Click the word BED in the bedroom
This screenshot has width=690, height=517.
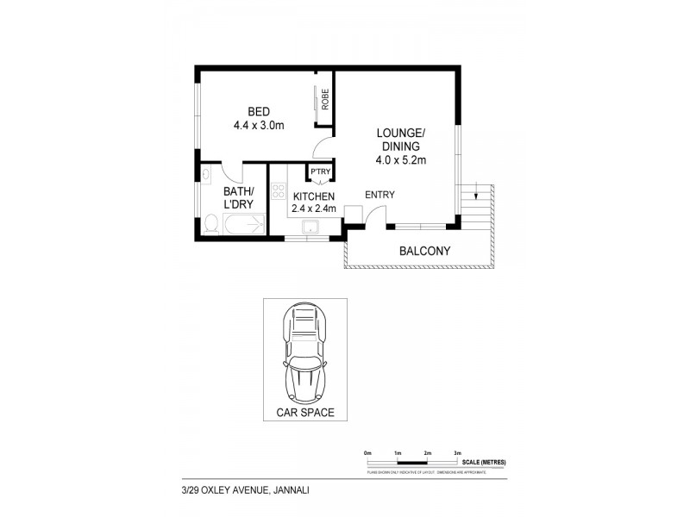tap(258, 111)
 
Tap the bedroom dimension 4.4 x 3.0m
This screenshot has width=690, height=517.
tap(258, 125)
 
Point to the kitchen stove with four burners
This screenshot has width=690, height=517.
tap(279, 192)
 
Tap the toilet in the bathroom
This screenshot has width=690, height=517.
tap(210, 225)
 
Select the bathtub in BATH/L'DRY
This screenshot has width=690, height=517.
tap(245, 227)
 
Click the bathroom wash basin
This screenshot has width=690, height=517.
tap(207, 175)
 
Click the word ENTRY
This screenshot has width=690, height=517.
tap(379, 195)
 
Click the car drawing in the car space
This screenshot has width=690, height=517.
tap(305, 356)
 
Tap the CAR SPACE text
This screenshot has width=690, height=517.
tap(305, 413)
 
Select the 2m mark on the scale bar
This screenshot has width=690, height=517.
tap(427, 452)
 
